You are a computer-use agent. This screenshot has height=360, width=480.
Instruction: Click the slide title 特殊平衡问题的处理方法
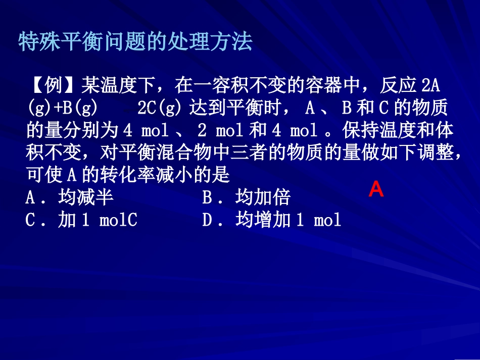[135, 42]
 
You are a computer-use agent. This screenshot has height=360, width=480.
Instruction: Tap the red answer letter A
[376, 189]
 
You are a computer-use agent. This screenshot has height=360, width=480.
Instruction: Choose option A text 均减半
[85, 197]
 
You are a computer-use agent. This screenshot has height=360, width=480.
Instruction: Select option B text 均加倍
[263, 197]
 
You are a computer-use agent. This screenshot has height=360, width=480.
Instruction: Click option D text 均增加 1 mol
[288, 220]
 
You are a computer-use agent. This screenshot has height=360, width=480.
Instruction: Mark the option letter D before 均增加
[208, 220]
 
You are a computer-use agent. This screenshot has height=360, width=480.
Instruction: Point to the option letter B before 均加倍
[208, 197]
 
